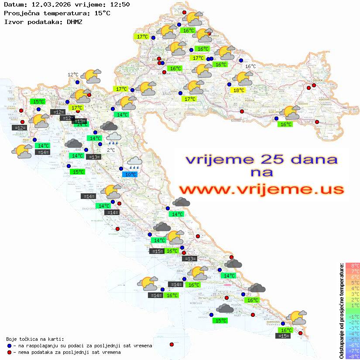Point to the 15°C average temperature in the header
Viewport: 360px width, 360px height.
[x=102, y=13]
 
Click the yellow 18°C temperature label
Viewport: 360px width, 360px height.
[x=238, y=90]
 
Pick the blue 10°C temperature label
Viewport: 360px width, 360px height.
[x=130, y=175]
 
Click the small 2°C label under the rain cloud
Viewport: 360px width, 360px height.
[x=111, y=150]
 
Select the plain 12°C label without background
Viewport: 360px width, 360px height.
[x=73, y=75]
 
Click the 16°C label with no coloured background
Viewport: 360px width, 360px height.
[x=250, y=66]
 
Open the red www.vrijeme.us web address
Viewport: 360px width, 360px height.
[x=261, y=189]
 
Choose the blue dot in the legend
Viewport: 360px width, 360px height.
[x=9, y=346]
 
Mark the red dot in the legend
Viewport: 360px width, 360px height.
[x=9, y=352]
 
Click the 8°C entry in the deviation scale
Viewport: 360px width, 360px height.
[x=353, y=266]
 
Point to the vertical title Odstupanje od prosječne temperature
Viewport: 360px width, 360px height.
[x=341, y=311]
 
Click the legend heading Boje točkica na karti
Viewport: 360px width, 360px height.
[x=35, y=339]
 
